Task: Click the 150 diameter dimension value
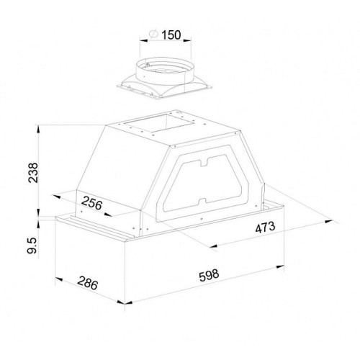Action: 171,35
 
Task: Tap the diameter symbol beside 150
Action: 153,35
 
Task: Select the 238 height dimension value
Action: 33,173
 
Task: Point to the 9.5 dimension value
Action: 32,246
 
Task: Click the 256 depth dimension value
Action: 91,203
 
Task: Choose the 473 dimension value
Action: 265,228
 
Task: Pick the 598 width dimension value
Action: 209,276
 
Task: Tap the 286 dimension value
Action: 88,283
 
